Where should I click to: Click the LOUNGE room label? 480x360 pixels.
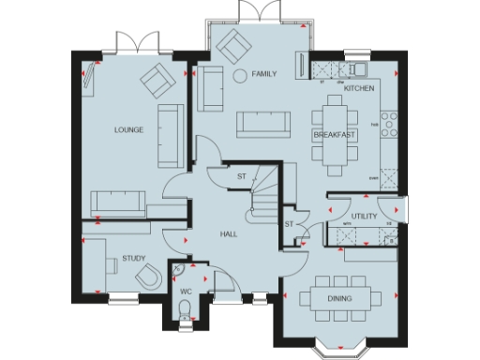tap(128, 130)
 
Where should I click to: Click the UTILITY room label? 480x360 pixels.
tap(364, 217)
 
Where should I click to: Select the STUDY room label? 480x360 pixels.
tap(132, 256)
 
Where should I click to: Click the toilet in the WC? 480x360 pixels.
tap(186, 312)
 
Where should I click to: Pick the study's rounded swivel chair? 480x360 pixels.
tap(148, 277)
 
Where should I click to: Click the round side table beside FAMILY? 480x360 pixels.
tap(239, 74)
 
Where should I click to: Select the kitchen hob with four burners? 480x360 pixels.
tap(388, 124)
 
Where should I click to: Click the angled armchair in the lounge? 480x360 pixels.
tap(157, 81)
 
